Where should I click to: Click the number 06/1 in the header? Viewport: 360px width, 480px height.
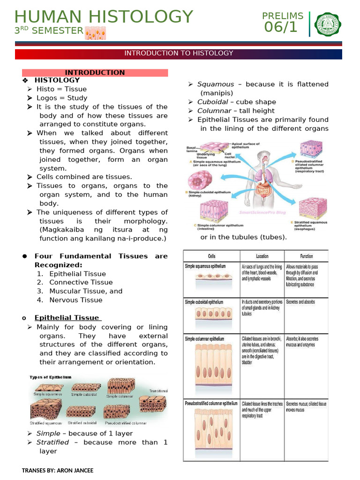pos(281,27)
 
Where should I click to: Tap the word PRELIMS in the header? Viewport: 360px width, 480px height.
pos(283,16)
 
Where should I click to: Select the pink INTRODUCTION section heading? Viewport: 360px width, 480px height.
pos(95,73)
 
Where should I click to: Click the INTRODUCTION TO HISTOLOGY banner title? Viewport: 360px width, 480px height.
pos(179,53)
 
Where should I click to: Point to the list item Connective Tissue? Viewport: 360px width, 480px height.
pos(81,282)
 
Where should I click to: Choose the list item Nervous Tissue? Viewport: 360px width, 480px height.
pos(75,300)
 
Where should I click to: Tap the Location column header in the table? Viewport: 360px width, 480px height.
pos(262,256)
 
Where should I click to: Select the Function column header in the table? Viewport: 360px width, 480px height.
pos(307,256)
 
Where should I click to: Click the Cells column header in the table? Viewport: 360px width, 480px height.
pos(211,256)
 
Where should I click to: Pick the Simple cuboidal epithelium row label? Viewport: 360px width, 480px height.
pos(204,302)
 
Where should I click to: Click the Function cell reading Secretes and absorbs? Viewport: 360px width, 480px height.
pos(300,302)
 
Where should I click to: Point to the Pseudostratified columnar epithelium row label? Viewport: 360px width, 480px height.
pos(211,403)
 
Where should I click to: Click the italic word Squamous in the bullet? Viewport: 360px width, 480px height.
pos(216,84)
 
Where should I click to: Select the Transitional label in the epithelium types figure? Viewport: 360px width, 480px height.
pos(158,390)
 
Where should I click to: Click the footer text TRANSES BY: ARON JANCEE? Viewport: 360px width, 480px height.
pos(58,470)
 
